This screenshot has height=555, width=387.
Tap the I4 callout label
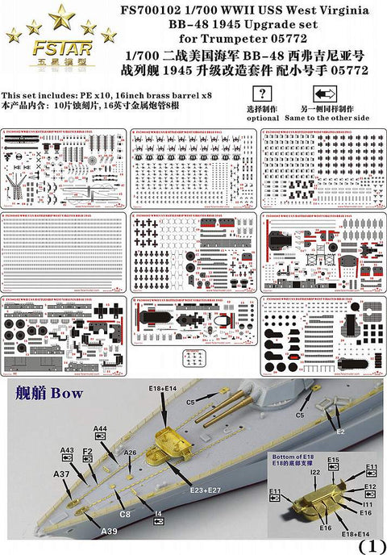click(158, 511)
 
